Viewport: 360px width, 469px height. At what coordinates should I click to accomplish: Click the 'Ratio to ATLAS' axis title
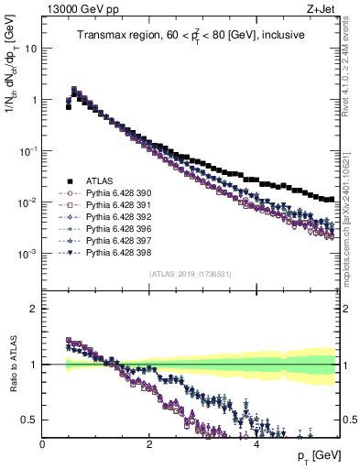coord(12,365)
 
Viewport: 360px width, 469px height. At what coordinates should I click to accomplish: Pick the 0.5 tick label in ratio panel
coord(29,420)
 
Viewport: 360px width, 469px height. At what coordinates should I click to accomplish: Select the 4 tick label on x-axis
coord(256,443)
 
